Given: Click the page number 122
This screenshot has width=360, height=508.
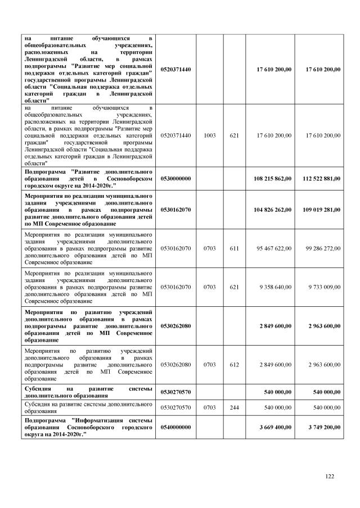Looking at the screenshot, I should pos(330,477).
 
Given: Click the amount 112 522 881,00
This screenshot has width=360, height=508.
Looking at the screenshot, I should pos(321,178).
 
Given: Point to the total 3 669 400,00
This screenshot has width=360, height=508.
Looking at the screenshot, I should pos(275,428).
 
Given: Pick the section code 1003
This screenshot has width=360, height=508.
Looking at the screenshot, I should pos(210,135).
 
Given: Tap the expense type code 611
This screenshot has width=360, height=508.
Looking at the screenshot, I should pos(235,247).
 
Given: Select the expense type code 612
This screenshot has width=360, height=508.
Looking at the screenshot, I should pos(235,364).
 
